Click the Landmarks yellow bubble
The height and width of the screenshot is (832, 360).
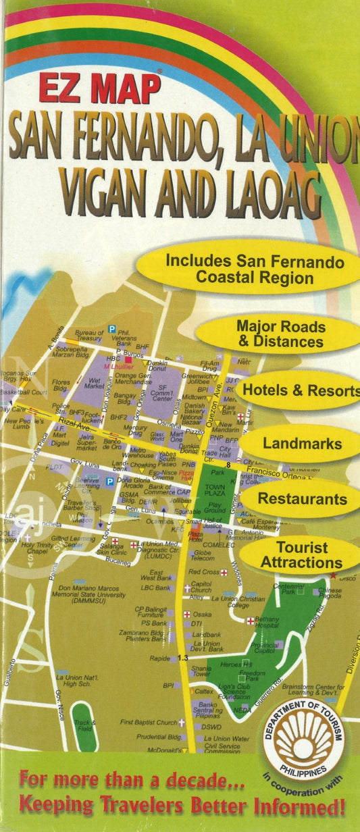302,444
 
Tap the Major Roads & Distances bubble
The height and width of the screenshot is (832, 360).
280,334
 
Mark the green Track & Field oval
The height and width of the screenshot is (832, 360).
84,726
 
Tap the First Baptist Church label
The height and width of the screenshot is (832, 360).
148,722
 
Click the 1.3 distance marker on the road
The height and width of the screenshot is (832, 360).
182,658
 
